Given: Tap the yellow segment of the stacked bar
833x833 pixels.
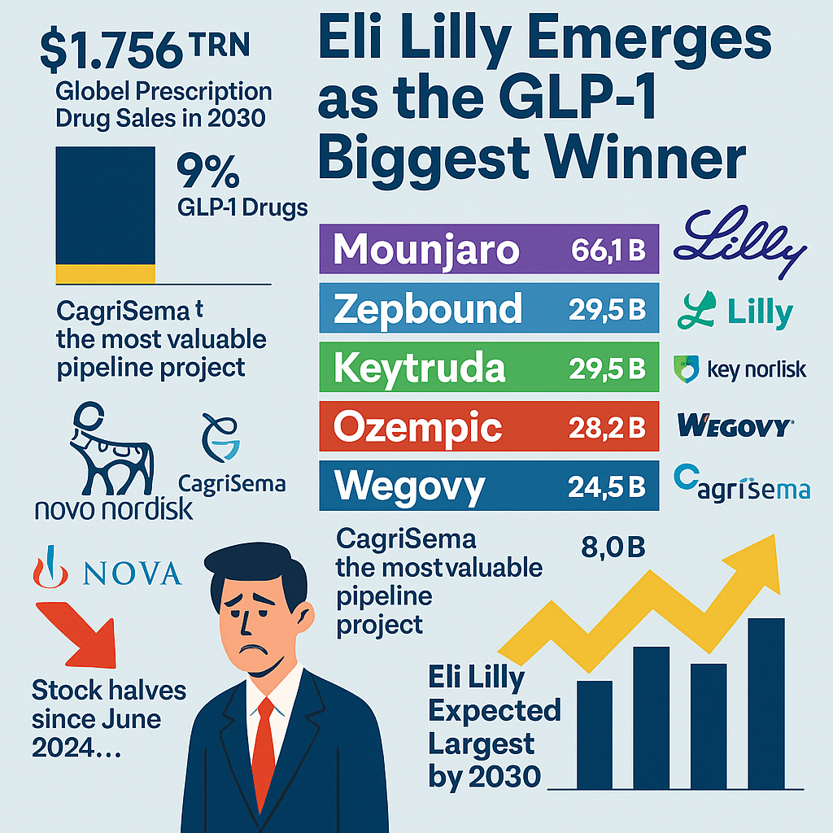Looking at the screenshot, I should coord(104,273).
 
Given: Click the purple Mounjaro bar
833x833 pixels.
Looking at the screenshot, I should coord(489,250).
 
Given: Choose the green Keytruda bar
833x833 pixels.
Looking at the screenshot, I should coord(489,369).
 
